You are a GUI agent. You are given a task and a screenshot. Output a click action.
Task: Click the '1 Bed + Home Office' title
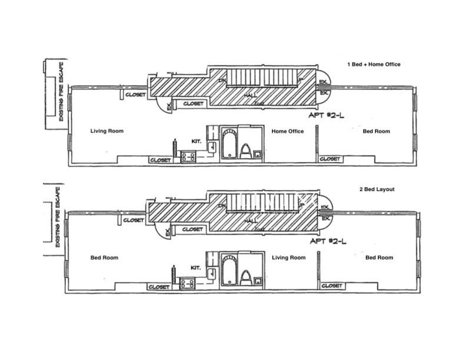click(x=374, y=64)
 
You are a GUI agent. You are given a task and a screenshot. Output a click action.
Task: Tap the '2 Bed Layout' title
click(x=377, y=189)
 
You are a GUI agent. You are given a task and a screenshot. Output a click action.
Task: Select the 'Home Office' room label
click(x=288, y=131)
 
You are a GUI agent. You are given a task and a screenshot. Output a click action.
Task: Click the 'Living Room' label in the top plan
click(x=107, y=131)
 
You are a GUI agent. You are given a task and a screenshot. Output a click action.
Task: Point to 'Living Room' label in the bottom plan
click(x=288, y=258)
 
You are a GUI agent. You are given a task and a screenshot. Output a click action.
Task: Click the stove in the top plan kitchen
click(x=188, y=156)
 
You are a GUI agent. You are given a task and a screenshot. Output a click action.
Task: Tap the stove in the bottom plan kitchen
click(x=188, y=283)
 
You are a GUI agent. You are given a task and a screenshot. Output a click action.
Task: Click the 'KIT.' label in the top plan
click(x=197, y=141)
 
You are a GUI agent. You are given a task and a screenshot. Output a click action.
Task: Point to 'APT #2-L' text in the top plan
click(x=328, y=115)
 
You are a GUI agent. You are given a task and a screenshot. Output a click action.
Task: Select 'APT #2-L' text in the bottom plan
click(x=328, y=242)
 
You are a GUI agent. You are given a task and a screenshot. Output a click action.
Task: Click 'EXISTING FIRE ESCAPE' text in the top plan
click(x=62, y=90)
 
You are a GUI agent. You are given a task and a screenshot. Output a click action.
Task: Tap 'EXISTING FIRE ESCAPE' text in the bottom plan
click(x=59, y=215)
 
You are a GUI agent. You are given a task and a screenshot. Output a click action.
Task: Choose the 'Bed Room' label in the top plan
click(x=376, y=131)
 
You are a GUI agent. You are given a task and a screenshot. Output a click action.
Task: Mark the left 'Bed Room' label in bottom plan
click(x=104, y=258)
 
